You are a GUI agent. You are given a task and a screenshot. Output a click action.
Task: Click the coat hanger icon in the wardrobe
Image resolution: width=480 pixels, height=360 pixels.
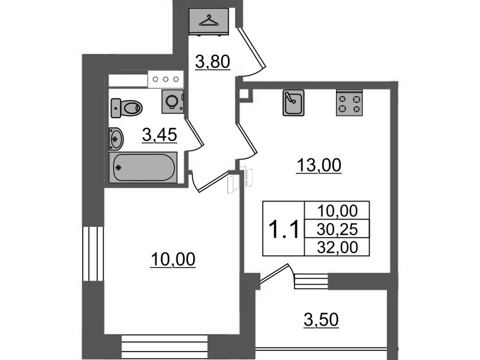tap(209, 20)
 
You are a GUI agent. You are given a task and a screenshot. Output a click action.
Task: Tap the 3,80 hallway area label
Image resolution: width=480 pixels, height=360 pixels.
tap(212, 62)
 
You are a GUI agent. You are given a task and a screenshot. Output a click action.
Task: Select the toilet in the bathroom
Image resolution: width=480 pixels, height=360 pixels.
tap(127, 108)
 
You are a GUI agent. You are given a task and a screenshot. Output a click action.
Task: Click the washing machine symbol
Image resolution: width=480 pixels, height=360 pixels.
tap(173, 101)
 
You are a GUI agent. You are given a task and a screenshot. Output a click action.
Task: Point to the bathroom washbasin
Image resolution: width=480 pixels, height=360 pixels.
tap(116, 139)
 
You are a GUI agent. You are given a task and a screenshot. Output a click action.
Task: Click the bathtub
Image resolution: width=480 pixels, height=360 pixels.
tap(143, 167)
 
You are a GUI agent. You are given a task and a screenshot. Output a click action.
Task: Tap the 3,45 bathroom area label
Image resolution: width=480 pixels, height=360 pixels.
tap(160, 135)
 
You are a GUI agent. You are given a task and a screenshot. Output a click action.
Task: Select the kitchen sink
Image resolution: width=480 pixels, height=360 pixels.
tap(293, 103)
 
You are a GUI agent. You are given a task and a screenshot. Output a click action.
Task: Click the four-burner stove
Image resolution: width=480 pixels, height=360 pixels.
tap(349, 103)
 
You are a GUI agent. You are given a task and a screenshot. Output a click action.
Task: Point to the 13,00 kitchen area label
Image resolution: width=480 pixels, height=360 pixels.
tap(319, 166)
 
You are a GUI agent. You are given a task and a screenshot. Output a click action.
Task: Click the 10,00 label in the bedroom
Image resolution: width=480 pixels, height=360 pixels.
tap(173, 260)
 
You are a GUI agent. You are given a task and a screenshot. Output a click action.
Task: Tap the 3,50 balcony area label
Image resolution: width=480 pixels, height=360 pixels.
tap(321, 320)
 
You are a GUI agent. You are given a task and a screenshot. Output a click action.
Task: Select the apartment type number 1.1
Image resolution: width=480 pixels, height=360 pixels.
tap(283, 230)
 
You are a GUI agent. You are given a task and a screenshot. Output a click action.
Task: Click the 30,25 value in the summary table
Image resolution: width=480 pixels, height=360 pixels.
tap(337, 229)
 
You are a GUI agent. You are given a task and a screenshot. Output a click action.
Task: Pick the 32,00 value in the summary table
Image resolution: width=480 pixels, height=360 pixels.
tap(337, 247)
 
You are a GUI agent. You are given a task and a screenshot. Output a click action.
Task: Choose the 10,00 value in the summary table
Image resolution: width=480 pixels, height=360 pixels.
tap(337, 211)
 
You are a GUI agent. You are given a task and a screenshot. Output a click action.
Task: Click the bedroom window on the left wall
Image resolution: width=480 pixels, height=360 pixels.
tap(93, 253)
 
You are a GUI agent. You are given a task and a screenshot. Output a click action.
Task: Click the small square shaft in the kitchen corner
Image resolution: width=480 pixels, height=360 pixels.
tap(244, 94)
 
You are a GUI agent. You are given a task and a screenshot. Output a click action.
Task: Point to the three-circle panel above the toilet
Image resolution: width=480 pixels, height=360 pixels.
tap(166, 79)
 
